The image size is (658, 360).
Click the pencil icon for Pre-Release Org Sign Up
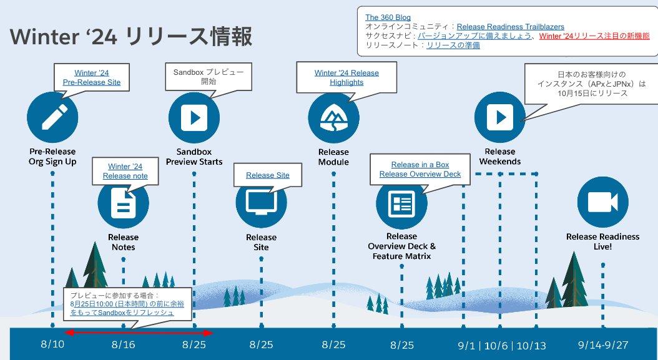[52, 117]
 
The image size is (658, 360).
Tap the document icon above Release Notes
[124, 203]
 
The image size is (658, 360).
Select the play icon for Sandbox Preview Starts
[194, 117]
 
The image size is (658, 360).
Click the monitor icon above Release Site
[261, 203]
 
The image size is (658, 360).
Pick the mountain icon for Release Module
[333, 117]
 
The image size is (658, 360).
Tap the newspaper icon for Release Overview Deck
[401, 203]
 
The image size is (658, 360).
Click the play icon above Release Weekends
[499, 117]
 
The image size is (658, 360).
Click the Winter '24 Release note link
[125, 171]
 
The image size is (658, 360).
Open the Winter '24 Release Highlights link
[346, 77]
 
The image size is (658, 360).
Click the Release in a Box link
[420, 165]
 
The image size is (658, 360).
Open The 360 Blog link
[388, 17]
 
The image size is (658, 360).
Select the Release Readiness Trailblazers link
[510, 27]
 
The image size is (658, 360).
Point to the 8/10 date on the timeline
[52, 344]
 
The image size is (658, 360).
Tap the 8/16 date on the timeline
[124, 344]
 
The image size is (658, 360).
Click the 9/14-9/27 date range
[602, 344]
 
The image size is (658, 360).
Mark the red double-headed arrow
[139, 333]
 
